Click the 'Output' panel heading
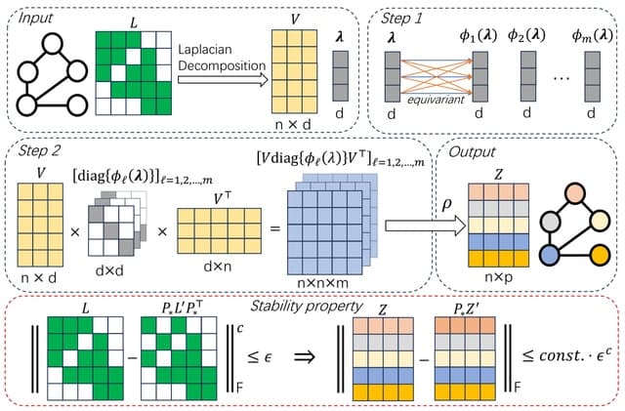[x=470, y=152]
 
